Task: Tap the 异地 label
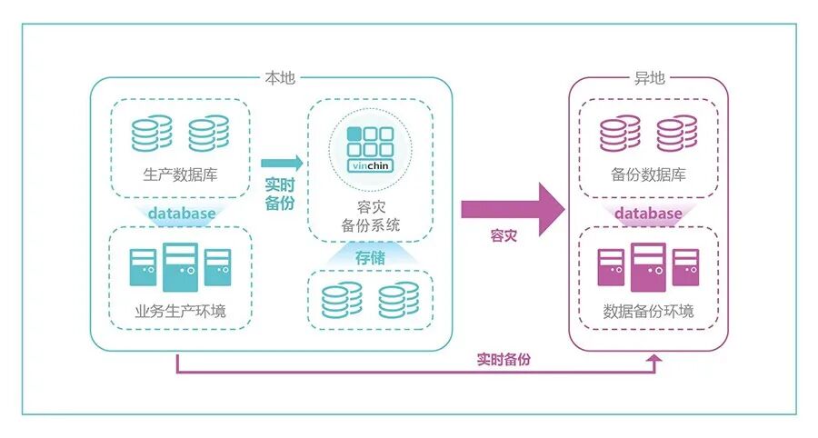(x=648, y=78)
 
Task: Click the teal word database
(x=182, y=214)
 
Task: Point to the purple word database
(x=648, y=214)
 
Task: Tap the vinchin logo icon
(x=370, y=149)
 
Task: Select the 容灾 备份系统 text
(x=370, y=215)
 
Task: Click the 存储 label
(x=370, y=258)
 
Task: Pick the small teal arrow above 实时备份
(x=281, y=164)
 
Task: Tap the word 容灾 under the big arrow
(x=503, y=236)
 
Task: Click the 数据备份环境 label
(x=648, y=312)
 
